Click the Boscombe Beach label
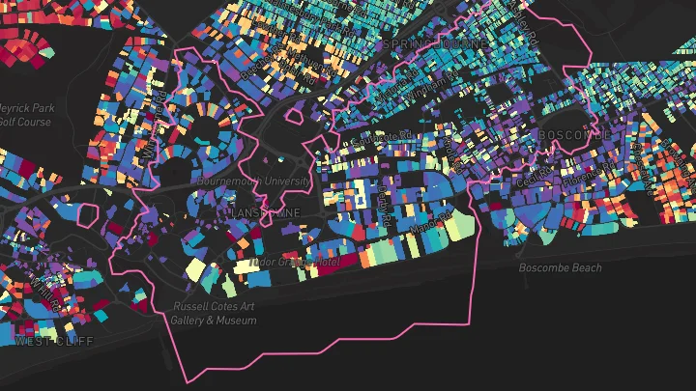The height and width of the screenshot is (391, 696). pos(560,267)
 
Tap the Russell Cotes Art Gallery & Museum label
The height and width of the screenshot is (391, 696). pos(215,313)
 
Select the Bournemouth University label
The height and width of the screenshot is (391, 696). pos(253,181)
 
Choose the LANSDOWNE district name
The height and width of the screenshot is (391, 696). pos(266,211)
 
